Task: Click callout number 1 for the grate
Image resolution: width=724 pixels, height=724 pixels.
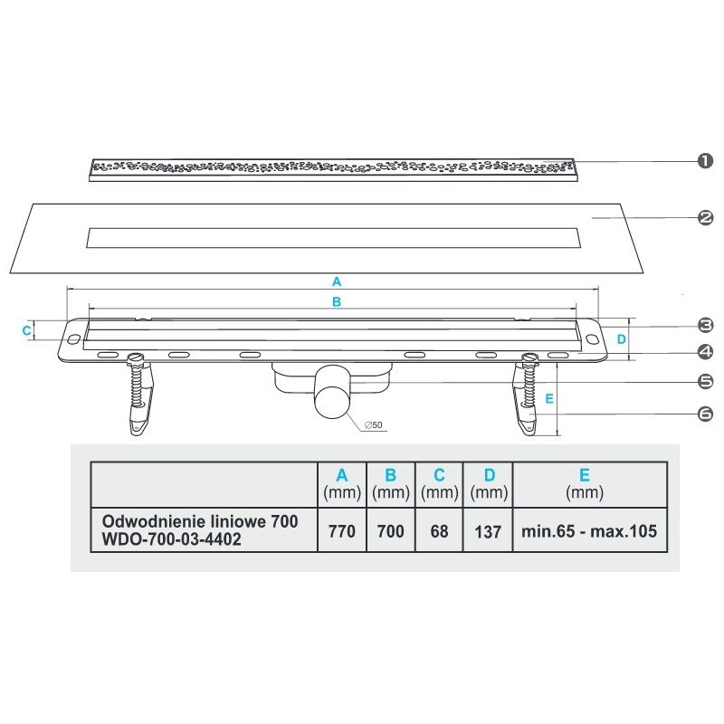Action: click(706, 162)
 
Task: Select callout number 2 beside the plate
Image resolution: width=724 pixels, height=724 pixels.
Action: click(706, 217)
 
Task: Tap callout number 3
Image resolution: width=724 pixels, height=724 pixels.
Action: click(706, 325)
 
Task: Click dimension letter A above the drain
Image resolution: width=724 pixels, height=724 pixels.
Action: click(337, 281)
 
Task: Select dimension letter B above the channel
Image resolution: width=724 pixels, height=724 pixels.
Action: click(337, 302)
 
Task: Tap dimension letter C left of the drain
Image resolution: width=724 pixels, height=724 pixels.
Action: click(26, 331)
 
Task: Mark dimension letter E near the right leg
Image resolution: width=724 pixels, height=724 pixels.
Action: click(549, 396)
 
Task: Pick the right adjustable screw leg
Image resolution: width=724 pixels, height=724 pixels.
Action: click(529, 395)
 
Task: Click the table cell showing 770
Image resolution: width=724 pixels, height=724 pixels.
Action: click(341, 531)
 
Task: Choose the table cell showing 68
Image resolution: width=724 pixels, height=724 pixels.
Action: click(439, 531)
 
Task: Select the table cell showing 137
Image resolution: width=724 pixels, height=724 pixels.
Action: click(487, 531)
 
